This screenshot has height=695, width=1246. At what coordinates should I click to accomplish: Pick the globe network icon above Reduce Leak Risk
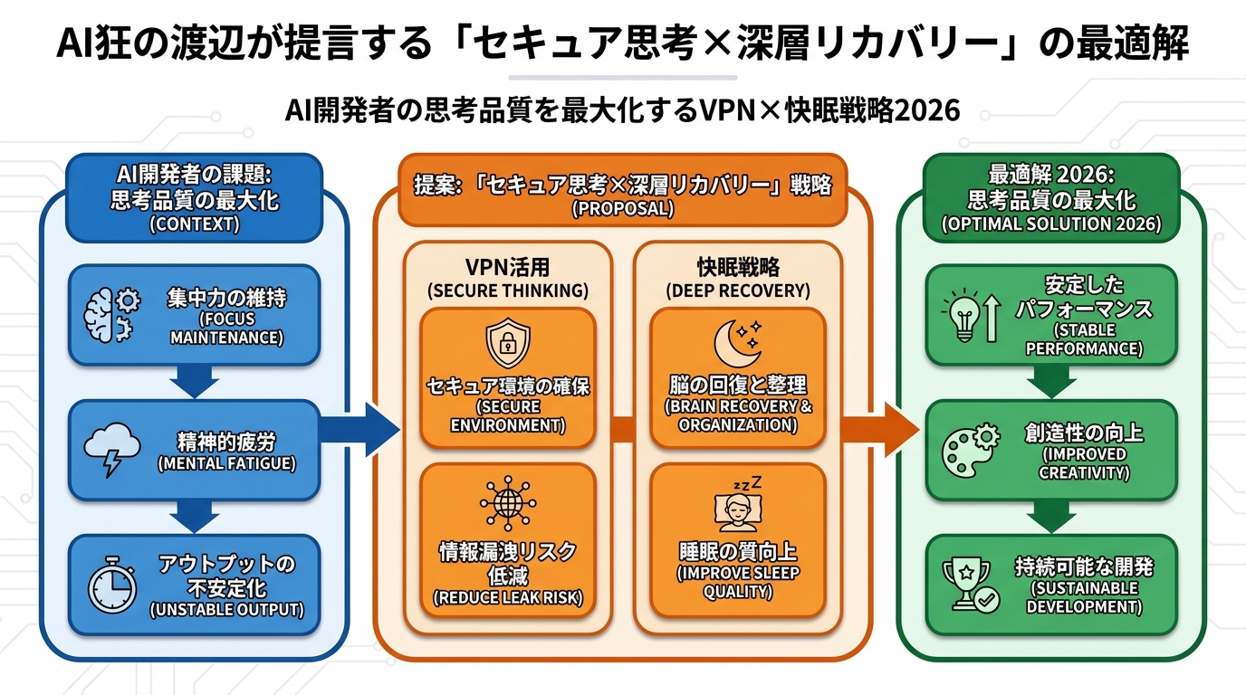point(508,502)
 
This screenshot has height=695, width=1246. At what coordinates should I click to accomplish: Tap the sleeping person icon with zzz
point(738,508)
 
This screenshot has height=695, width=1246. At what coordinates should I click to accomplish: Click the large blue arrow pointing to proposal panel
point(362,431)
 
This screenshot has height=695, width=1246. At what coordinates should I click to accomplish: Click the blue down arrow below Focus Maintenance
point(194,382)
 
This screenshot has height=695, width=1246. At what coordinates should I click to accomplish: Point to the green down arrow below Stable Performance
point(1051,382)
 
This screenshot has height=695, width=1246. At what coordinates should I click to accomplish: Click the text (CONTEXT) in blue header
point(195,224)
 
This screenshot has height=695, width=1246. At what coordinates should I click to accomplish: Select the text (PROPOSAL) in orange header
point(622,208)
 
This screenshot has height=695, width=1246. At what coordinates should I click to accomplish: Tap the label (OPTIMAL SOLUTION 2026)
point(1051,224)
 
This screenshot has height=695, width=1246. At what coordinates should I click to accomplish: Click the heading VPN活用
point(507,268)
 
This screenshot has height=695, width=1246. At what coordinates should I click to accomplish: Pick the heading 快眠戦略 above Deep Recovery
point(737,268)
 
